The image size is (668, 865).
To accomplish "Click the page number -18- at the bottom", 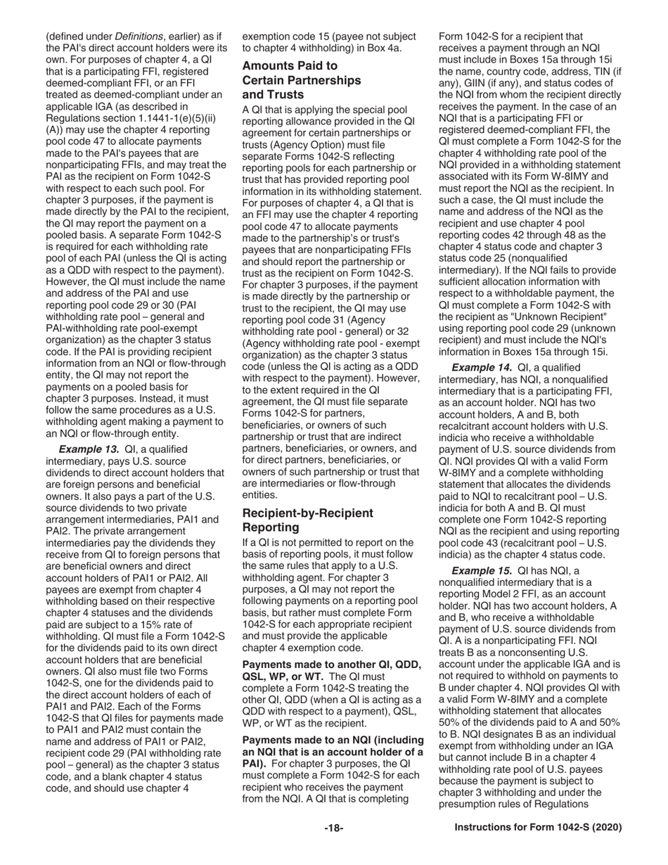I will click(333, 828).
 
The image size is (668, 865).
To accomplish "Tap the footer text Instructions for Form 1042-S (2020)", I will click(538, 828).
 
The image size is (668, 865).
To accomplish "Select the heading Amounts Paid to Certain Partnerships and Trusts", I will click(301, 80).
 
